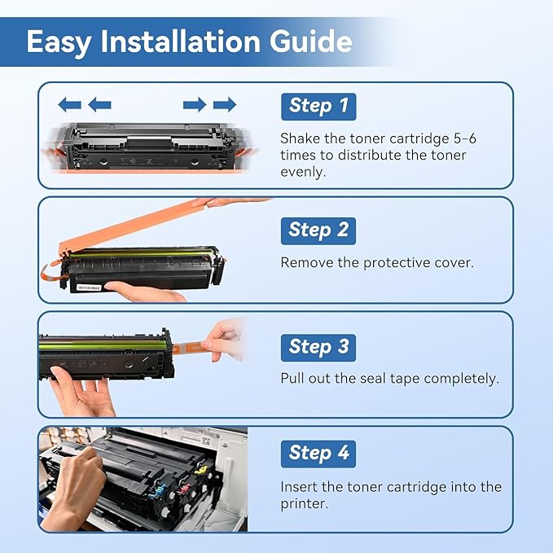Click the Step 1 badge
(x=318, y=106)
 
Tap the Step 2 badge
(x=318, y=230)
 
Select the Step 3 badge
(x=318, y=347)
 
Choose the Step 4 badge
(x=318, y=454)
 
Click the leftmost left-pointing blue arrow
(x=70, y=104)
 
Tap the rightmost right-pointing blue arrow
(x=225, y=104)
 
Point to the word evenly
(x=302, y=171)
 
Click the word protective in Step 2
(x=399, y=263)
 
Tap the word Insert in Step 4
(x=301, y=487)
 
